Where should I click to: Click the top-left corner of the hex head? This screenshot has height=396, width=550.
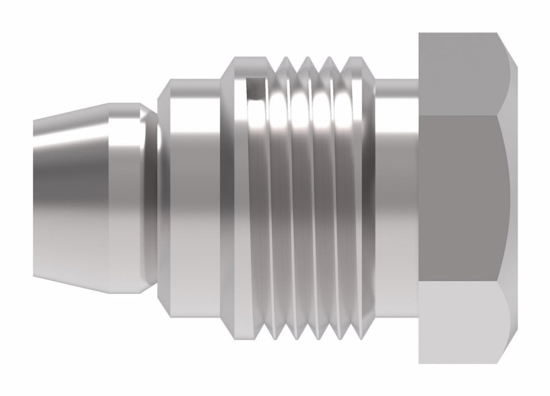click(420, 34)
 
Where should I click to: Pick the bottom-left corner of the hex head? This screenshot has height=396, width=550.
click(420, 363)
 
